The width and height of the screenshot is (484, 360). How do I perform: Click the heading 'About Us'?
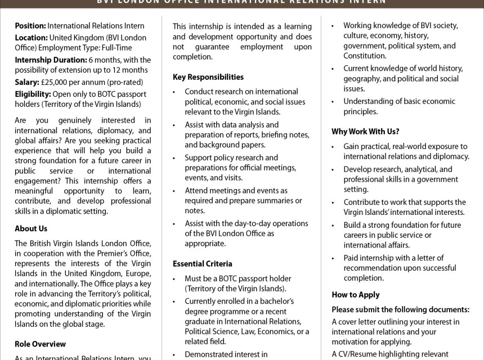coord(31,228)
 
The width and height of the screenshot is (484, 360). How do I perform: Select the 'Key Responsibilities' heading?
coord(208,77)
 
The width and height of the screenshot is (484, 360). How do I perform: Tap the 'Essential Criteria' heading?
coord(202,263)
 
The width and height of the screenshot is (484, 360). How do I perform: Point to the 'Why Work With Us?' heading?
coord(365,132)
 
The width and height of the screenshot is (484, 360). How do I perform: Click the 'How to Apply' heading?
coord(355,295)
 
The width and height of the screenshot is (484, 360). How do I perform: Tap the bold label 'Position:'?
coord(30,26)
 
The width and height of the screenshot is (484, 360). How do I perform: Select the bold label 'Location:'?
coord(30,38)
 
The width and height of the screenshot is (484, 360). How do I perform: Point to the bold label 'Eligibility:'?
coord(33,93)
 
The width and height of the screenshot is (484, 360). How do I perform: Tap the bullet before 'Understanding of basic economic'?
coord(334,101)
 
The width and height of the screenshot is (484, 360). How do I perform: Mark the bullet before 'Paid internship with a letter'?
coord(334,258)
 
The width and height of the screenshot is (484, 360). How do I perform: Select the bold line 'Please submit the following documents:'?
coord(400,309)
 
